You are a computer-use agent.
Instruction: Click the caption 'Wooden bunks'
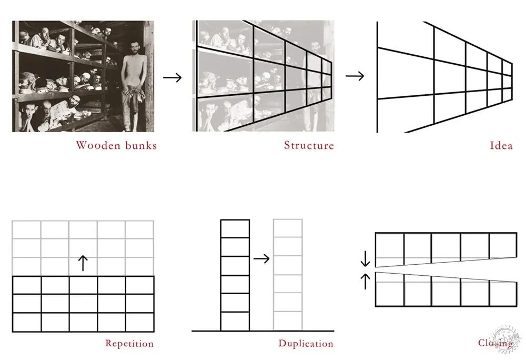pos(116,145)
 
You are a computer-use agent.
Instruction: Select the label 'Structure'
pos(309,145)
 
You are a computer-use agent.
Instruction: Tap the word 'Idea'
pos(501,145)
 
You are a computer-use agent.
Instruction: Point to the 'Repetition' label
pos(129,344)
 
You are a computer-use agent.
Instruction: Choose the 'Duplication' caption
pos(306,344)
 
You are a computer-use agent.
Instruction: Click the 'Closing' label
pos(495,343)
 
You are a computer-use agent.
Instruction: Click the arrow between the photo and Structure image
pos(172,77)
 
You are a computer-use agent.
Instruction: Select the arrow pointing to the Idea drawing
pos(355,76)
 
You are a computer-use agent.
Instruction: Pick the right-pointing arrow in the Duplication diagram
pos(261,258)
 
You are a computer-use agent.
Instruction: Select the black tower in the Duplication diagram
pos(235,275)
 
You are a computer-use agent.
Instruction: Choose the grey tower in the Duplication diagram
pos(288,275)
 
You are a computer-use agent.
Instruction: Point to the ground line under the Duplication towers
pos(262,331)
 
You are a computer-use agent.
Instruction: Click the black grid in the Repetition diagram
pos(83,304)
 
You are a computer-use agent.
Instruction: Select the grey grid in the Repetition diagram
pos(83,247)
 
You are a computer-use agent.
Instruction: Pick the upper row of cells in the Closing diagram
pos(445,246)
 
